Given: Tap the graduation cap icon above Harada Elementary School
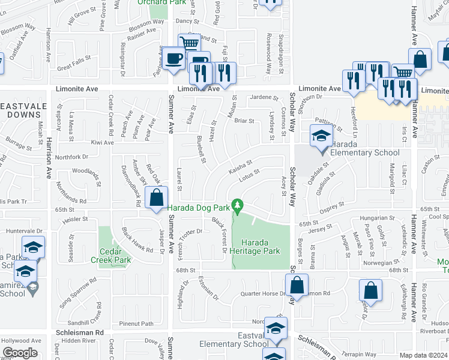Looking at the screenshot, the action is click(321, 137).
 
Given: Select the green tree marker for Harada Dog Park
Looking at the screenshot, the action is click(238, 207).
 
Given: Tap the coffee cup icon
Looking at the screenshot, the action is click(175, 59).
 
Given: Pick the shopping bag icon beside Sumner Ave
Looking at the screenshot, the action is click(156, 197).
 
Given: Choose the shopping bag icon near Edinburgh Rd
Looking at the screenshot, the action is click(371, 290).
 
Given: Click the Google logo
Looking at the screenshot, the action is click(20, 353).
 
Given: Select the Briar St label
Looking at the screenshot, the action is click(244, 121).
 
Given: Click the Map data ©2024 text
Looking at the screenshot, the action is click(424, 355).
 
